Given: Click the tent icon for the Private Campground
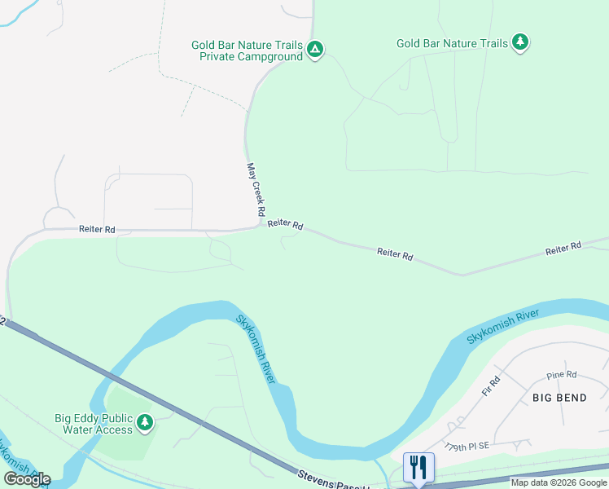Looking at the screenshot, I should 315,51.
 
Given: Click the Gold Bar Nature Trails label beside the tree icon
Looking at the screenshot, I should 451,43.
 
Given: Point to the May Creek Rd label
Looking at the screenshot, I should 256,189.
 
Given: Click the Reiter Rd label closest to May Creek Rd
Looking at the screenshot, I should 285,223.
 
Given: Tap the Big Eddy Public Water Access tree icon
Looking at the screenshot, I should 145,421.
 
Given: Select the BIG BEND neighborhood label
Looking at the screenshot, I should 560,397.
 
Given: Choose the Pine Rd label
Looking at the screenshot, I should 561,375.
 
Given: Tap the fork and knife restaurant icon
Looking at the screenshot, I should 418,467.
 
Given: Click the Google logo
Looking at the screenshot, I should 27,478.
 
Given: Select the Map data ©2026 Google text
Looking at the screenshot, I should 559,482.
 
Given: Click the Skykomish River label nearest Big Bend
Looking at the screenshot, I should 503,325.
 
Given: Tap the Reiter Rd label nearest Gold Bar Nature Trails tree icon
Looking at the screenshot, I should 563,247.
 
